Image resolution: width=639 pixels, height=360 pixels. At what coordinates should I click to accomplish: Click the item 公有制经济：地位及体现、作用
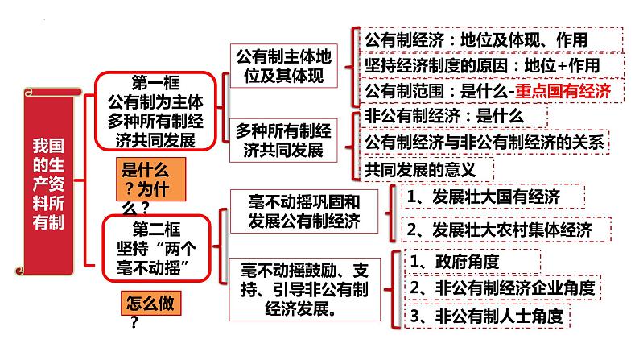pyautogui.click(x=476, y=39)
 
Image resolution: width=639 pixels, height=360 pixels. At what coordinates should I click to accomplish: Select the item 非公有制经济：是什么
pyautogui.click(x=444, y=116)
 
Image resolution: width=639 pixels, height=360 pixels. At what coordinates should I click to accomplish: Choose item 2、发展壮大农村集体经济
pyautogui.click(x=499, y=230)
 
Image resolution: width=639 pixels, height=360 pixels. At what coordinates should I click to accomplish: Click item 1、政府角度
pyautogui.click(x=455, y=261)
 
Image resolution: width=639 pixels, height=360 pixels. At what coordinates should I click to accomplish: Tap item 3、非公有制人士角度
pyautogui.click(x=485, y=314)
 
